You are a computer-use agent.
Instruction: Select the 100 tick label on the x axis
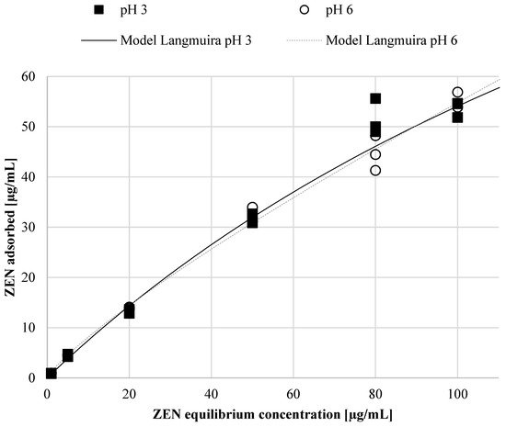coord(457,394)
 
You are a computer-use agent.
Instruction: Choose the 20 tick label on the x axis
coord(129,394)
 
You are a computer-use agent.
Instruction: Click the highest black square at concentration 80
coord(375,98)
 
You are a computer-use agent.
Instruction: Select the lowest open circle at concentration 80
coord(375,170)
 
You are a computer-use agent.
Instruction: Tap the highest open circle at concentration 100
coord(457,92)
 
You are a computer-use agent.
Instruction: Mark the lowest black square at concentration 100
coord(457,118)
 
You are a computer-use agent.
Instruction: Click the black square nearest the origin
coord(52,373)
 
